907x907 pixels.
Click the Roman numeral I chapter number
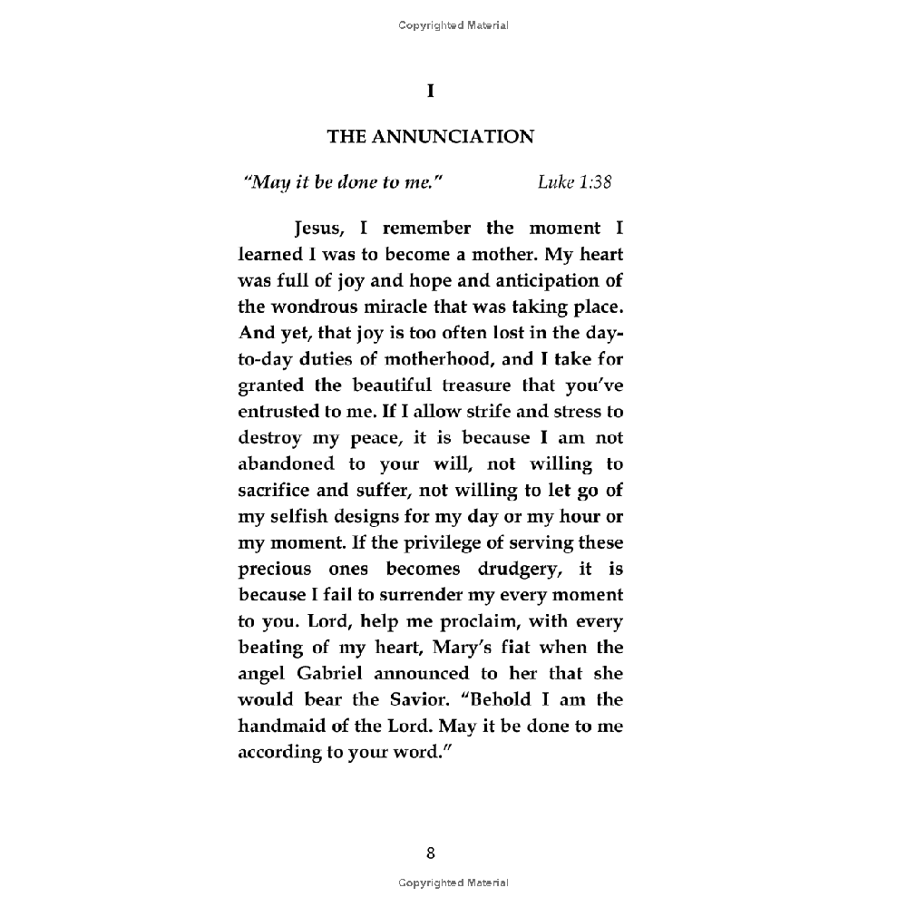click(431, 91)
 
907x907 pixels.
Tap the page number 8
click(431, 853)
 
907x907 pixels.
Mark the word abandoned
click(287, 464)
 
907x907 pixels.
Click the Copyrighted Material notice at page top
click(453, 25)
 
